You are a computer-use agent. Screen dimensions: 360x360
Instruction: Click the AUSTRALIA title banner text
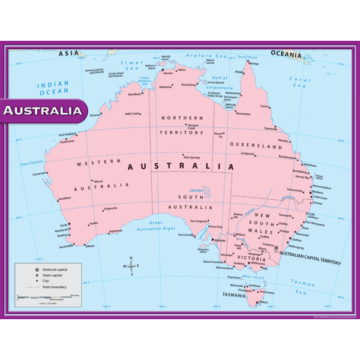pyautogui.click(x=43, y=111)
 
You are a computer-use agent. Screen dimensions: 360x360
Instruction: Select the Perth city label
pyautogui.click(x=64, y=225)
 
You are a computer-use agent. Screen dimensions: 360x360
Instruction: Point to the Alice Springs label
pyautogui.click(x=191, y=157)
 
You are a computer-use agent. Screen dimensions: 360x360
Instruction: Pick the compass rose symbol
pyautogui.click(x=131, y=266)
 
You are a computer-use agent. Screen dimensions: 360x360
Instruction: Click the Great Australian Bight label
pyautogui.click(x=155, y=226)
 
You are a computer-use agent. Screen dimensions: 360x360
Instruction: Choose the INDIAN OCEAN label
pyautogui.click(x=54, y=89)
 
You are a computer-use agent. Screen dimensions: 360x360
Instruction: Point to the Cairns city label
pyautogui.click(x=265, y=106)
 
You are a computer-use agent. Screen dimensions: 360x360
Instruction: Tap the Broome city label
pyautogui.click(x=95, y=115)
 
